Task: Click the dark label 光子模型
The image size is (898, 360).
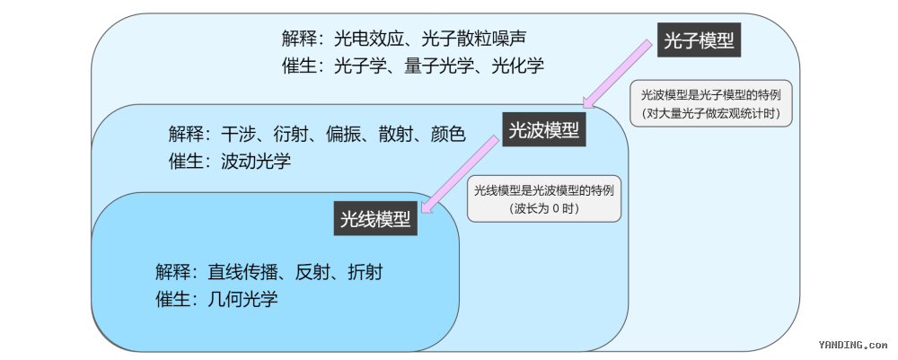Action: click(x=699, y=40)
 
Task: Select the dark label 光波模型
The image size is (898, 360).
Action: click(x=544, y=130)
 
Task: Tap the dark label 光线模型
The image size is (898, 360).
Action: click(x=375, y=218)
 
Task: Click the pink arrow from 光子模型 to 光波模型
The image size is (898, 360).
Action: click(x=617, y=74)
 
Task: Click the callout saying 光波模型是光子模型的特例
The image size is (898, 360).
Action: click(x=710, y=103)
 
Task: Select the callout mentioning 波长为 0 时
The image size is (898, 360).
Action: click(x=544, y=198)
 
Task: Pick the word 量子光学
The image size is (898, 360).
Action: click(x=439, y=66)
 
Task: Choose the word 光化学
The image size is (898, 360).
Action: click(x=518, y=66)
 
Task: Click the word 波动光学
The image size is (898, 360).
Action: click(x=256, y=161)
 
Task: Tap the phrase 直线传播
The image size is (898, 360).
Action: click(x=242, y=272)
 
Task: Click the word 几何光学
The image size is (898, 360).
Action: click(x=242, y=299)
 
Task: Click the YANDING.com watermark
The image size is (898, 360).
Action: click(x=853, y=345)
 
